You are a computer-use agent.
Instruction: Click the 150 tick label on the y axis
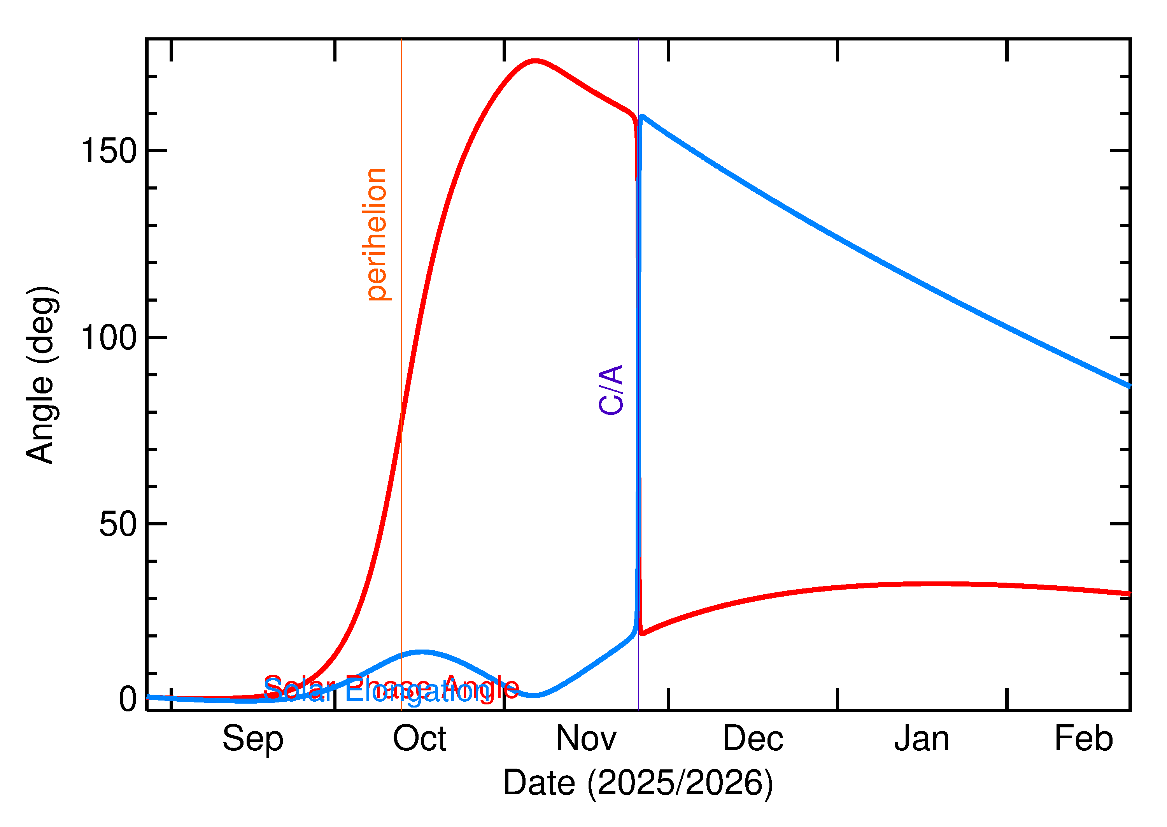(109, 151)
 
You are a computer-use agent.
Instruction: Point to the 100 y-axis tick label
(109, 338)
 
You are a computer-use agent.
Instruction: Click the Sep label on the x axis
(253, 739)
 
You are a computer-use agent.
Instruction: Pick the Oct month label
(419, 739)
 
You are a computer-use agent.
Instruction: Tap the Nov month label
(586, 739)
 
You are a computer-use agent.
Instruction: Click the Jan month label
(922, 739)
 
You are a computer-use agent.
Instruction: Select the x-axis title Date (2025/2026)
(638, 783)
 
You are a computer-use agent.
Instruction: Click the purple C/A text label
(611, 390)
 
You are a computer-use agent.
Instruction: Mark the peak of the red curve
(535, 61)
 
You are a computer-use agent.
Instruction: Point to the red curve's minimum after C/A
(642, 634)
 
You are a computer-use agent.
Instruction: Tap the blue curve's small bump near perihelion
(421, 652)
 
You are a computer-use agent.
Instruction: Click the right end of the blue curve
(1129, 386)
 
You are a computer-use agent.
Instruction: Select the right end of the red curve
(1129, 594)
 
